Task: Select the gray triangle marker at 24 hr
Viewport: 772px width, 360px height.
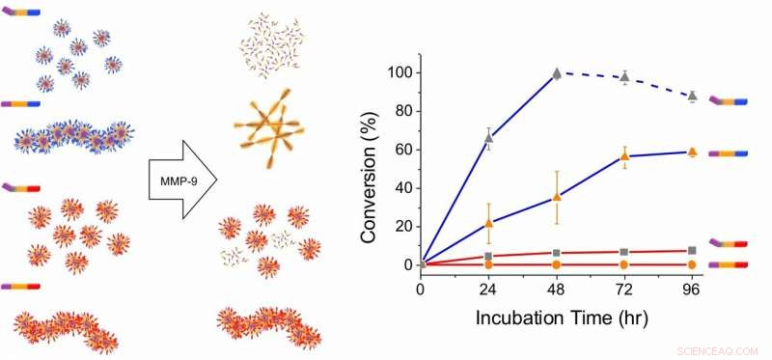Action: coord(488,139)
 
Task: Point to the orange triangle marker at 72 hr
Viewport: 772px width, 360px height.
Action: coord(624,156)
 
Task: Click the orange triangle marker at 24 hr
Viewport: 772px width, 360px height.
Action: coord(488,223)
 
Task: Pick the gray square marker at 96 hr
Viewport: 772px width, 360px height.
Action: coord(692,251)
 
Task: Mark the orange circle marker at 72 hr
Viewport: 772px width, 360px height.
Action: coord(624,263)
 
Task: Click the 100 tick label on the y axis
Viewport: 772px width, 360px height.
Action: coord(398,73)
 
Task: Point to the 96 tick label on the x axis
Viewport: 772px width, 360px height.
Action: coord(692,289)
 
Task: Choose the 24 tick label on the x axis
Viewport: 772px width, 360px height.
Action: coord(488,289)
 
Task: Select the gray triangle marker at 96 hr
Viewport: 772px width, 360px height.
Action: coord(692,97)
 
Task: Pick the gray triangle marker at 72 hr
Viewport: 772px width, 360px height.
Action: coord(624,77)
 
